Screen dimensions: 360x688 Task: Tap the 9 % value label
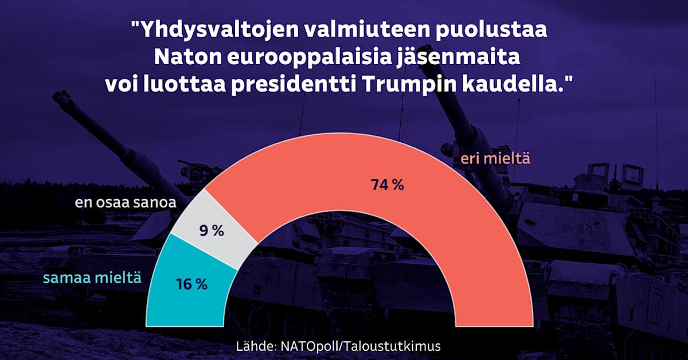[212, 231]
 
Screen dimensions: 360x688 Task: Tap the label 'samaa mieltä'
[92, 279]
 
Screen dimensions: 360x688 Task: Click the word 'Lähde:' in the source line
[256, 346]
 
